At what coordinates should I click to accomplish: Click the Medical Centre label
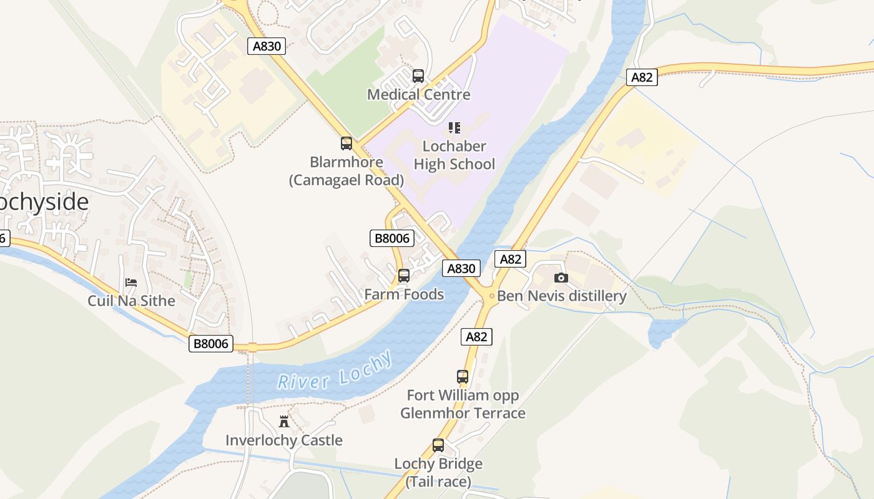[x=418, y=95]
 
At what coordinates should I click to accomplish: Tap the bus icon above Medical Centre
[x=418, y=76]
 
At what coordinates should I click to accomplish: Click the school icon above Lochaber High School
[x=454, y=128]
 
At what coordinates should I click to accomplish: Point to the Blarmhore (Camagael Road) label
[x=346, y=171]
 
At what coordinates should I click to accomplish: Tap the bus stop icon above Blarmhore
[x=346, y=143]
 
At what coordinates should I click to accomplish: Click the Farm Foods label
[x=404, y=294]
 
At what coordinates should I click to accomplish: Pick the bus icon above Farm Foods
[x=404, y=275]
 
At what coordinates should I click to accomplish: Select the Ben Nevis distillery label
[x=561, y=296]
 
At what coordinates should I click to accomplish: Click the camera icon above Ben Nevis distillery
[x=561, y=278]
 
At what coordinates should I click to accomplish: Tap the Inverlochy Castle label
[x=284, y=440]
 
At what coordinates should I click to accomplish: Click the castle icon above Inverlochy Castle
[x=284, y=421]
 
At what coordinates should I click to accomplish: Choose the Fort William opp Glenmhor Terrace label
[x=463, y=404]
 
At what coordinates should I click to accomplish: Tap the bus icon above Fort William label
[x=463, y=377]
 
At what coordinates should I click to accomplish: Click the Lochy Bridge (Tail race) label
[x=438, y=473]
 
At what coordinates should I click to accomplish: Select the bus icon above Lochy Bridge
[x=438, y=445]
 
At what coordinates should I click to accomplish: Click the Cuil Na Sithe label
[x=131, y=301]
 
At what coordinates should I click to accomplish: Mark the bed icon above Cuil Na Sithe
[x=131, y=283]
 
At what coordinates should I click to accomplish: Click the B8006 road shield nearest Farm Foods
[x=392, y=238]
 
